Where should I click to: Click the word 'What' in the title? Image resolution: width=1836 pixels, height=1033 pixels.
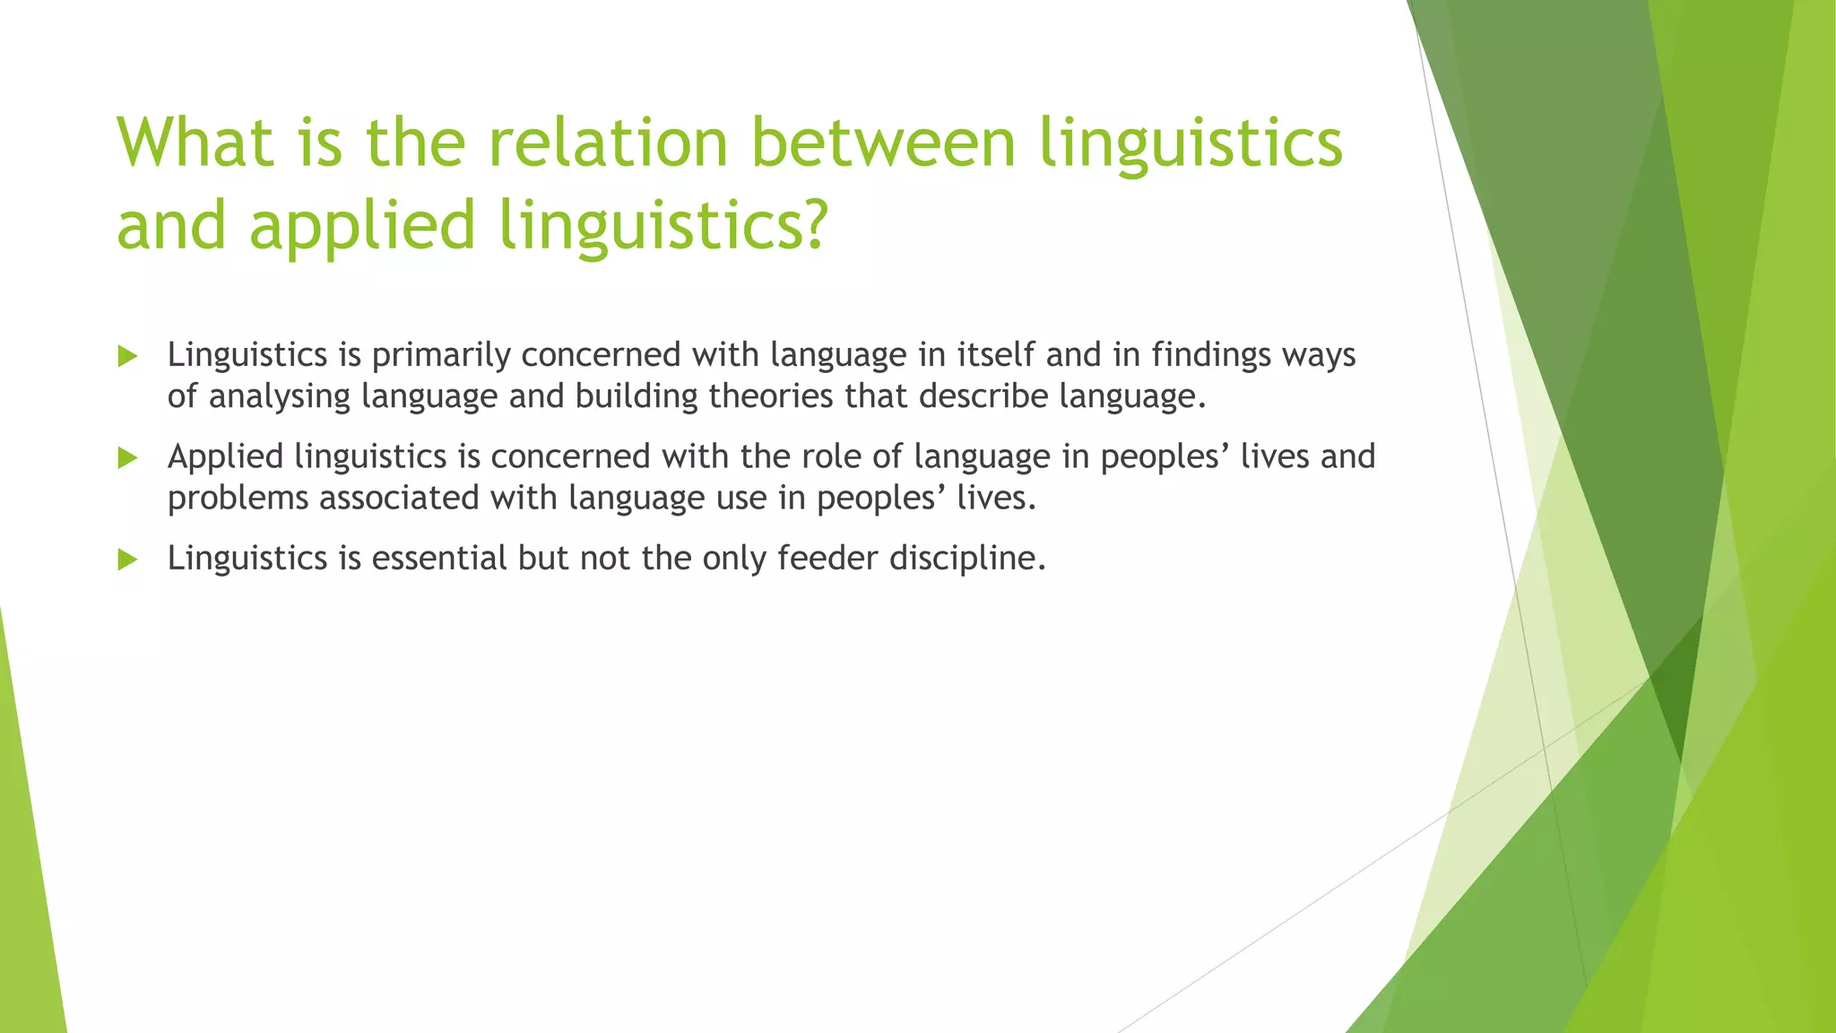coord(195,143)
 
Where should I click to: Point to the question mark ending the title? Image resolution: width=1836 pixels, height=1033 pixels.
coord(811,225)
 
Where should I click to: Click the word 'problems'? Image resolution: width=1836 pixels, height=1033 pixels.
coord(238,498)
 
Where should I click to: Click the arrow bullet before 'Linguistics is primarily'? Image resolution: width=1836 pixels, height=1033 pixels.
coord(127,357)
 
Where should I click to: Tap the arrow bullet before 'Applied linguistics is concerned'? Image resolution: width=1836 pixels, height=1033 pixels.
coord(127,458)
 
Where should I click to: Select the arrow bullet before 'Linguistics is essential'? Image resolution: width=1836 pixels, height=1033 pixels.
coord(127,560)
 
